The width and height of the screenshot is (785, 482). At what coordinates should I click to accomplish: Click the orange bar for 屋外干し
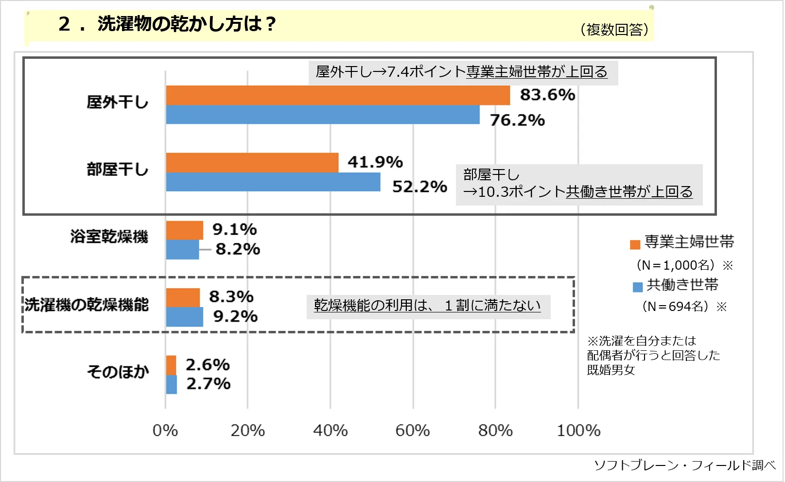(x=338, y=95)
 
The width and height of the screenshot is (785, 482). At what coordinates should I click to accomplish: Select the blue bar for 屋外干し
(x=323, y=115)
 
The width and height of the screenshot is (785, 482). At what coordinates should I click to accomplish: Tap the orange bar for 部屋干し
(x=252, y=162)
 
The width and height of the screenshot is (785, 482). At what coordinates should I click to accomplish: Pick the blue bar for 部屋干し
(x=273, y=182)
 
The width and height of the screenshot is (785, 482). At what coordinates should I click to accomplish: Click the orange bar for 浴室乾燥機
(x=185, y=230)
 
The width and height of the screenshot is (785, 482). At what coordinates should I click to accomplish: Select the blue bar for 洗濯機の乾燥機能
(x=185, y=317)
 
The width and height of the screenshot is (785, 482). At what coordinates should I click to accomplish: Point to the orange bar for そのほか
(x=171, y=365)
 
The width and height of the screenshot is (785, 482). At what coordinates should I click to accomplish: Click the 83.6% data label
(x=547, y=95)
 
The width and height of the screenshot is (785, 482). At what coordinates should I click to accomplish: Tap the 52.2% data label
(x=419, y=187)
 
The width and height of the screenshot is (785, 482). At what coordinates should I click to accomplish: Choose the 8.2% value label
(x=238, y=249)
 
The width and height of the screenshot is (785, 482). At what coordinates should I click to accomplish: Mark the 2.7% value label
(x=209, y=384)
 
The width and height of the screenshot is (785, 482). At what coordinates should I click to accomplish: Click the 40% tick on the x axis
(x=331, y=430)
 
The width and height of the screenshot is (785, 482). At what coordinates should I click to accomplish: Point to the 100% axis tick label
(x=578, y=430)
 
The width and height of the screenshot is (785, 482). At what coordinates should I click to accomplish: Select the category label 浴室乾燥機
(x=109, y=237)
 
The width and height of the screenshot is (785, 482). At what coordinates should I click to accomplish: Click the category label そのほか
(x=118, y=372)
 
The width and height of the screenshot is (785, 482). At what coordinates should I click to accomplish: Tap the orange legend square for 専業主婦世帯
(x=635, y=244)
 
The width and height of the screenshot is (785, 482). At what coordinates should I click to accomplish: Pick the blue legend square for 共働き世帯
(x=638, y=287)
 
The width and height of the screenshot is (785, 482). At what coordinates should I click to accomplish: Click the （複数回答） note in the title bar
(x=614, y=30)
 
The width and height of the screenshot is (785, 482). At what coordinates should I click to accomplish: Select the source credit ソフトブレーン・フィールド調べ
(x=684, y=465)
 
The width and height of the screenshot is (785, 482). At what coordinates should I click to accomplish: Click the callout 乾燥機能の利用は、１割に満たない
(x=427, y=306)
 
